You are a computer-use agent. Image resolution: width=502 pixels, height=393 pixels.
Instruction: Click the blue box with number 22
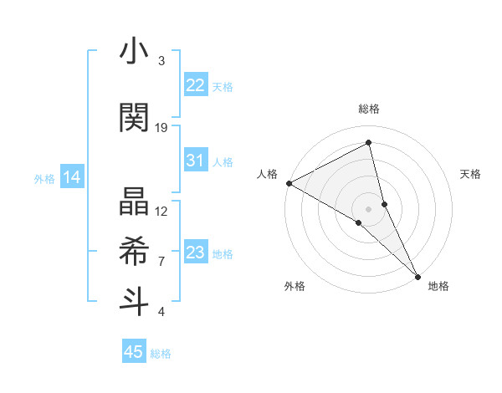(x=196, y=85)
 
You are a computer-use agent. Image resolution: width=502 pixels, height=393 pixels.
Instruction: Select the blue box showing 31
(x=196, y=161)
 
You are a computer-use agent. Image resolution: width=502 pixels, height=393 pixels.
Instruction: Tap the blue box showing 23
(x=196, y=253)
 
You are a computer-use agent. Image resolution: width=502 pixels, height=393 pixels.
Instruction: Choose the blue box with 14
(x=72, y=177)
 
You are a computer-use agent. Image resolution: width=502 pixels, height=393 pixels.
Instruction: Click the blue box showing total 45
(x=134, y=352)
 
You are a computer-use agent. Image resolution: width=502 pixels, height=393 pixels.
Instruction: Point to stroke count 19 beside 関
(x=161, y=127)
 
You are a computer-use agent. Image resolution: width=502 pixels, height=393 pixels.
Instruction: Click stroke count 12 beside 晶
(x=161, y=211)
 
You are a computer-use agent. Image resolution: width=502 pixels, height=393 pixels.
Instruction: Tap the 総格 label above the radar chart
(x=369, y=109)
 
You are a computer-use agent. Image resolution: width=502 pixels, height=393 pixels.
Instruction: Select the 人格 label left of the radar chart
(x=267, y=173)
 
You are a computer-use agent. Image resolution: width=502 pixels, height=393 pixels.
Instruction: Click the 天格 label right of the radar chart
(x=471, y=173)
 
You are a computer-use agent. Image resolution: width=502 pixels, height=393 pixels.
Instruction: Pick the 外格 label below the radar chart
(x=295, y=286)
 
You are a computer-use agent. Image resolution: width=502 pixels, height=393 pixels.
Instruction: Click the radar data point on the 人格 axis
(x=289, y=182)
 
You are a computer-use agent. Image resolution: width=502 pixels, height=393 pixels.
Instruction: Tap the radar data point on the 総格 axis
(x=369, y=142)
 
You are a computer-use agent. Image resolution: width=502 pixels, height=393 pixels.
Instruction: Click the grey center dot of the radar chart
(x=369, y=208)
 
